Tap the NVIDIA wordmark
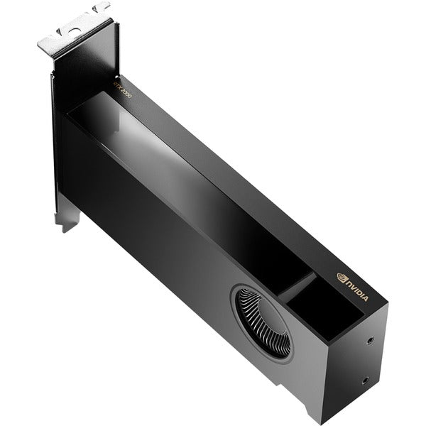356,289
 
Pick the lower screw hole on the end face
365,381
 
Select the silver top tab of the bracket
75,32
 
